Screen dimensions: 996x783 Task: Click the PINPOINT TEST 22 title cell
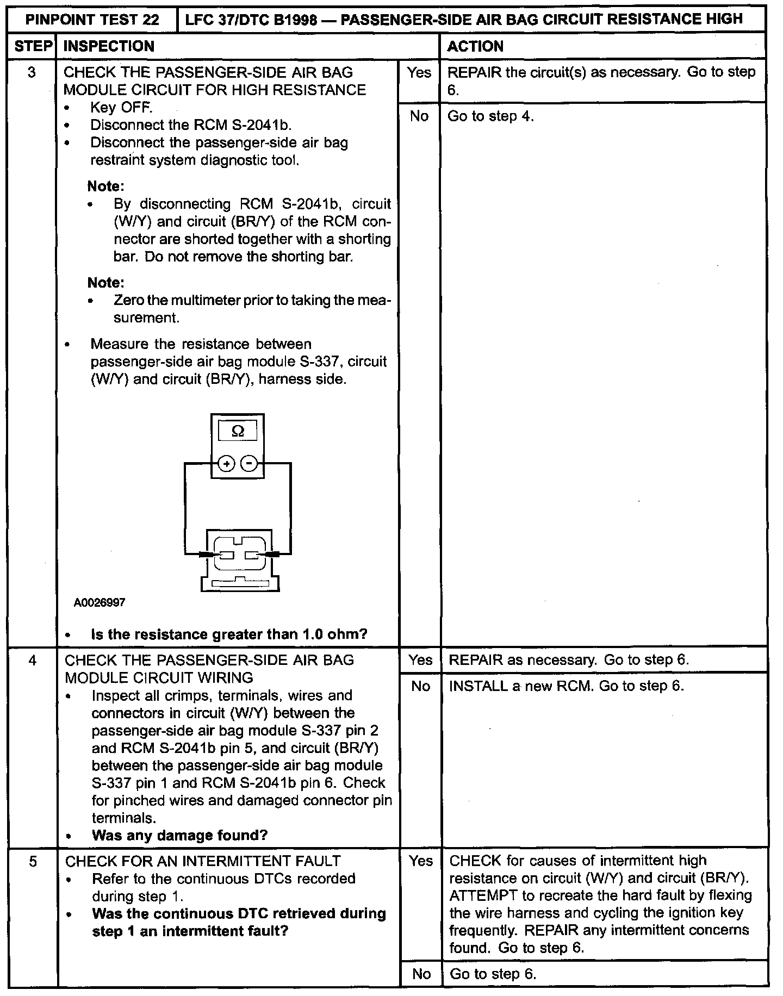coord(93,20)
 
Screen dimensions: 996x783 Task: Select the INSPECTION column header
coord(109,46)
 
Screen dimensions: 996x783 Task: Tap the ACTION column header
coord(475,46)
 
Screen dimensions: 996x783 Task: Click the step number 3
coord(32,72)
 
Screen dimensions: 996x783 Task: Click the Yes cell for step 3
coord(419,72)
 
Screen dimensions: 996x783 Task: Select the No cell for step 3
coord(419,116)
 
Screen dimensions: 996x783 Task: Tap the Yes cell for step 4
coord(420,660)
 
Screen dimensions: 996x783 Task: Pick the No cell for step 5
coord(421,974)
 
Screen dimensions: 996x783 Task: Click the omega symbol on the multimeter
coord(238,431)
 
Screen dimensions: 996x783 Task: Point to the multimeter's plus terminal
coord(226,464)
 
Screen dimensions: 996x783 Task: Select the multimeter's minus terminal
coord(249,464)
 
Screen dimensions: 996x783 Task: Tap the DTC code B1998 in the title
coord(294,20)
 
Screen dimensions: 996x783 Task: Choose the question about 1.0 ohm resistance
coord(229,634)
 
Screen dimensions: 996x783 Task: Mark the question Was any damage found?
coord(180,836)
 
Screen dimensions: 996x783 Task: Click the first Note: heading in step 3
coord(106,186)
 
